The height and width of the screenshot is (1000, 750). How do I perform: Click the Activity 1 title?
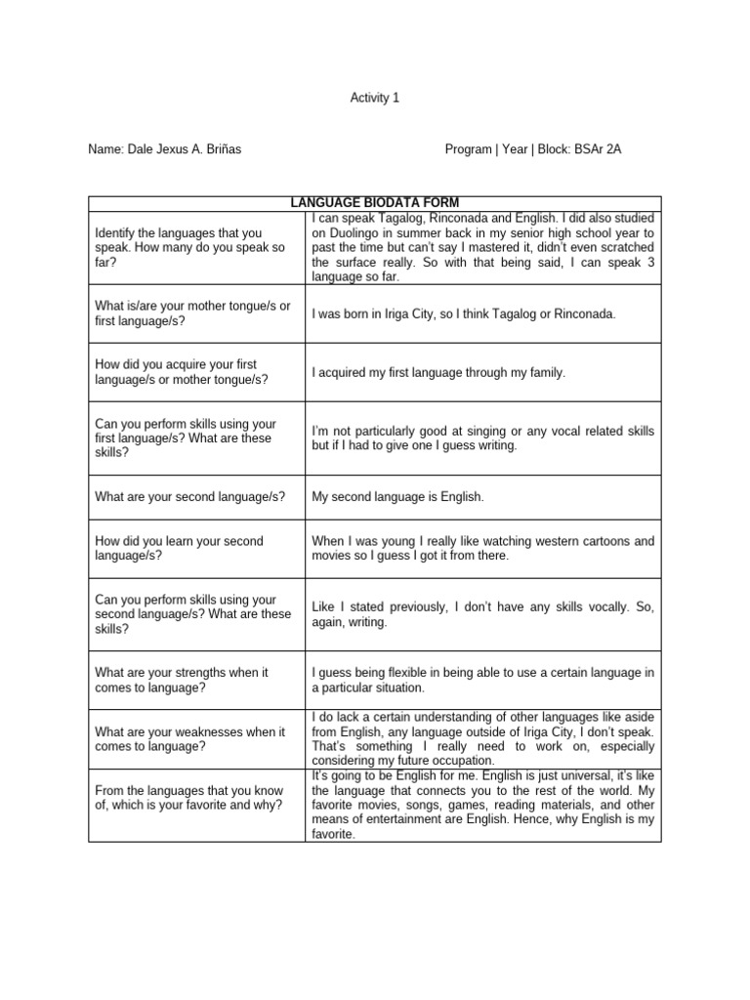coord(374,98)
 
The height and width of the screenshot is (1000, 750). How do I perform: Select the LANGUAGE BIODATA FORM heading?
coord(374,202)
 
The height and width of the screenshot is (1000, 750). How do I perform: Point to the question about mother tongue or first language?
coord(192,313)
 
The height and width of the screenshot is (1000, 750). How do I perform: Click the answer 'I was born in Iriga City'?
coord(464,313)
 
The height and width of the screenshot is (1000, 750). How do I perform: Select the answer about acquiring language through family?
coord(438,372)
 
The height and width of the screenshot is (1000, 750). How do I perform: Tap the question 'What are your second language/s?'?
coord(189,497)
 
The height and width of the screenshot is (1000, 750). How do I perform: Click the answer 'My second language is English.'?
coord(397,497)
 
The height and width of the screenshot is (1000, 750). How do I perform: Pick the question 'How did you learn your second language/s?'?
coord(179,548)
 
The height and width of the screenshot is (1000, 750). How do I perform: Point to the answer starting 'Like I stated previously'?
coord(482,614)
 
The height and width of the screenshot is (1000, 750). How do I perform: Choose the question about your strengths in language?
coord(182,681)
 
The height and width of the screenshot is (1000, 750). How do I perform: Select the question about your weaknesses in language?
coord(189,739)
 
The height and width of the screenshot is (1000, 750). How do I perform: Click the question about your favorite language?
coord(188,798)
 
